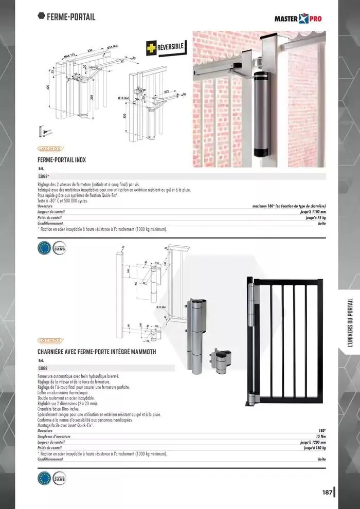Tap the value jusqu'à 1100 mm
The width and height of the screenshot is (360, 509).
pyautogui.click(x=313, y=212)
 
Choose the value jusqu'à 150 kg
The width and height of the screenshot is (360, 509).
pyautogui.click(x=314, y=448)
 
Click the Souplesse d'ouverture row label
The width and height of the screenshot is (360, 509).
pyautogui.click(x=54, y=437)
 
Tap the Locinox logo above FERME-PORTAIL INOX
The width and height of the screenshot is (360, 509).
pyautogui.click(x=50, y=149)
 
